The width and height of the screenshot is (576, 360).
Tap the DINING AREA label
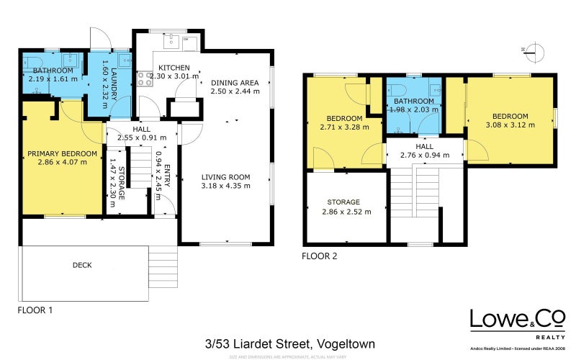(235, 83)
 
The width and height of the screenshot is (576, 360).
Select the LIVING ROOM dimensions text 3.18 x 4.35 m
(225, 186)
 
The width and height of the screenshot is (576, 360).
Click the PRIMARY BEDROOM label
(62, 153)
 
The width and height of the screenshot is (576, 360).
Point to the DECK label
(82, 265)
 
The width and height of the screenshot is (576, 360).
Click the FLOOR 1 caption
(35, 310)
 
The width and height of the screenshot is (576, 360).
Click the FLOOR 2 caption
(319, 256)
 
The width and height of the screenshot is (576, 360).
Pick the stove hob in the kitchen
(144, 78)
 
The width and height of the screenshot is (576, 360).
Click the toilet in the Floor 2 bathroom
(398, 89)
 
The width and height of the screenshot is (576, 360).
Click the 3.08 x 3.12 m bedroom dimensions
(510, 125)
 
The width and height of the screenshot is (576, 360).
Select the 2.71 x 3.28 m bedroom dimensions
(344, 127)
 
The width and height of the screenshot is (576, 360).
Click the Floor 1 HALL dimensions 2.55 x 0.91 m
(141, 137)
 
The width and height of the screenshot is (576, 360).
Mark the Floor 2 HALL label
(424, 145)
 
